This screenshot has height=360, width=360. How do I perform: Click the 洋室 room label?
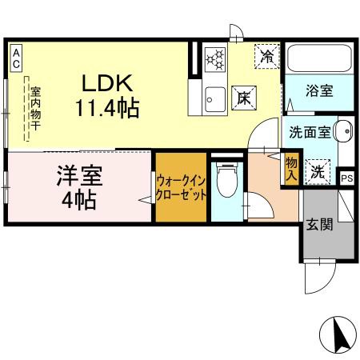(x=78, y=174)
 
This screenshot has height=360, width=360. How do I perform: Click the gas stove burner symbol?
(x=215, y=58)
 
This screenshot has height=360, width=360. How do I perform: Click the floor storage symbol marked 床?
(x=243, y=97)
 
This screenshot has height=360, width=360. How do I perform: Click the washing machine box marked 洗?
(x=317, y=170)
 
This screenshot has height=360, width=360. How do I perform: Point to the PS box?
(x=346, y=178)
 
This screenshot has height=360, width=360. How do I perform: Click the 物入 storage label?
(x=290, y=169)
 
